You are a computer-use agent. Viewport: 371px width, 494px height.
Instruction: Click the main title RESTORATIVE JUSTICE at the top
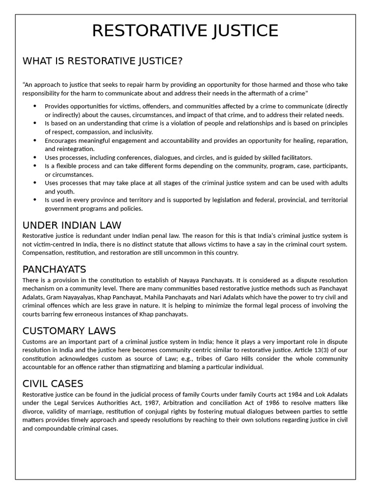[185, 30]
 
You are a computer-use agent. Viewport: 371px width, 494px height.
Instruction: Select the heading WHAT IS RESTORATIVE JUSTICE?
[102, 61]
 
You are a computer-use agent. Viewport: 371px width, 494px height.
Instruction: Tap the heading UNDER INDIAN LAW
[72, 225]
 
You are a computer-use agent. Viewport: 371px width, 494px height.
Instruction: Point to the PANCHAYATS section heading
[54, 269]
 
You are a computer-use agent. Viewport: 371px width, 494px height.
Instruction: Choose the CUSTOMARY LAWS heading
[69, 331]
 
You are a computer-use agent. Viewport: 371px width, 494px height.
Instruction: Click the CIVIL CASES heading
[53, 384]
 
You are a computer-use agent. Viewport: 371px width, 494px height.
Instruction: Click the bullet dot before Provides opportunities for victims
[35, 106]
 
